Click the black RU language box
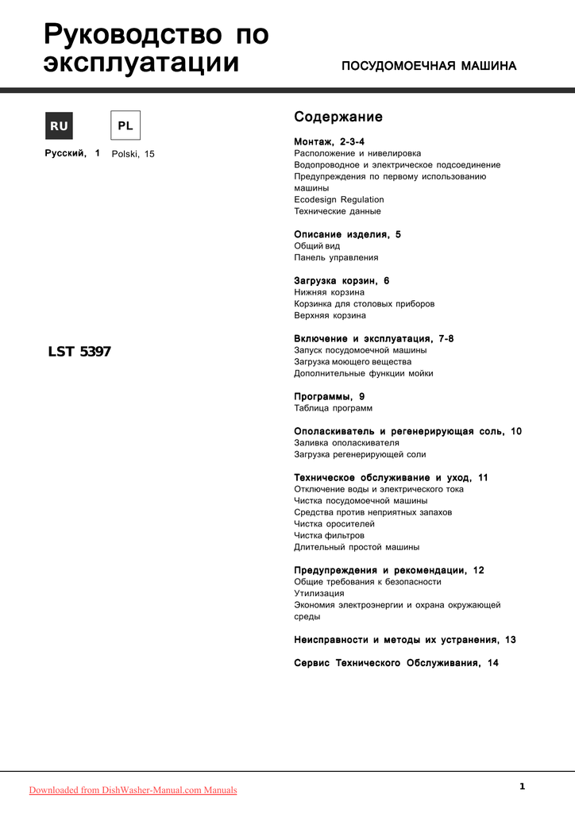(59, 125)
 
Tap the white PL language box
(125, 125)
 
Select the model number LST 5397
(79, 352)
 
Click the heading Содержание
(338, 118)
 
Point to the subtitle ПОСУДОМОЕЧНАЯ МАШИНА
(429, 66)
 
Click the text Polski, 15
(133, 154)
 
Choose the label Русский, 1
(72, 153)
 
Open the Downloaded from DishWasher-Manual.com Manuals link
(133, 790)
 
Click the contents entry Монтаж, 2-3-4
(329, 141)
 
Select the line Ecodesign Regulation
(339, 200)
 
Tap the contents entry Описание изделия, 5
(348, 235)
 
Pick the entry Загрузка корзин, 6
(342, 281)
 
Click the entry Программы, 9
(330, 396)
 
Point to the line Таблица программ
(334, 408)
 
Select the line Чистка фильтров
(330, 536)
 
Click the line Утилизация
(319, 594)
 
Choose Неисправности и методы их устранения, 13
(405, 640)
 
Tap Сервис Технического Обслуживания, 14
(396, 663)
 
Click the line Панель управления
(336, 258)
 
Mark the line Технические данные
(338, 212)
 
